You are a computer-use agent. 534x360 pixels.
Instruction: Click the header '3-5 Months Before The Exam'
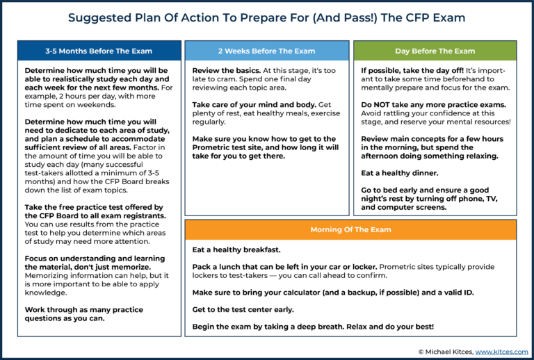[98, 51]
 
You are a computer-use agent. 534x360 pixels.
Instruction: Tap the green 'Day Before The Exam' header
[435, 51]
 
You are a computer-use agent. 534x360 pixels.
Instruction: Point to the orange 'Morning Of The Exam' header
[350, 229]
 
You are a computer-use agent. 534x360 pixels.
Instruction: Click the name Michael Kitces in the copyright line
[450, 352]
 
